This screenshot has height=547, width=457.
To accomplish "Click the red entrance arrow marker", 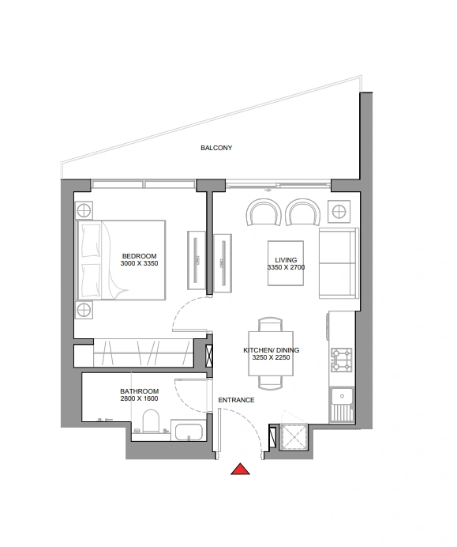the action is pos(240,470).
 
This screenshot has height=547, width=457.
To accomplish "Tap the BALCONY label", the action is pos(216,148).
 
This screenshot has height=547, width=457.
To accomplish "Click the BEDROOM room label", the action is pos(140,256).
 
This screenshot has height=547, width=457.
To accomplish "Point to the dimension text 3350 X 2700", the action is pos(286,267).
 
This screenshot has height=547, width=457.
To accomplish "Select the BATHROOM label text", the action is pos(140,391).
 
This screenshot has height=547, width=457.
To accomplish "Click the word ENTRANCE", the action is pos(236,400).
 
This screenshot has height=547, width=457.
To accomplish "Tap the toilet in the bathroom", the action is pos(151,421).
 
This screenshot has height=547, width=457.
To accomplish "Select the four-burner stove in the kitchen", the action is pos(341,360).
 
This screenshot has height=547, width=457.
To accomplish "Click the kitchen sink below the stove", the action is pos(342,404).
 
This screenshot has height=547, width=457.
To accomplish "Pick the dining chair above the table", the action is pos(270,324).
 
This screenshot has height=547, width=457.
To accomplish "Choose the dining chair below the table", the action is pos(270,383).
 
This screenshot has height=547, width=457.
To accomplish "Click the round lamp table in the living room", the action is pos(339,211).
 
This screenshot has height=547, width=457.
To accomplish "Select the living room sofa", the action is pos(339,263).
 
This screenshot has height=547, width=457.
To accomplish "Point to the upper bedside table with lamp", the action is pos(84,211).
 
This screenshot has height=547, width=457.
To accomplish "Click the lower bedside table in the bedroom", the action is pos(84,310).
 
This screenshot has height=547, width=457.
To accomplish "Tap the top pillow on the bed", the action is pos(91,241).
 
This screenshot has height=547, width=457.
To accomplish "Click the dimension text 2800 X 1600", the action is pos(140,398).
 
